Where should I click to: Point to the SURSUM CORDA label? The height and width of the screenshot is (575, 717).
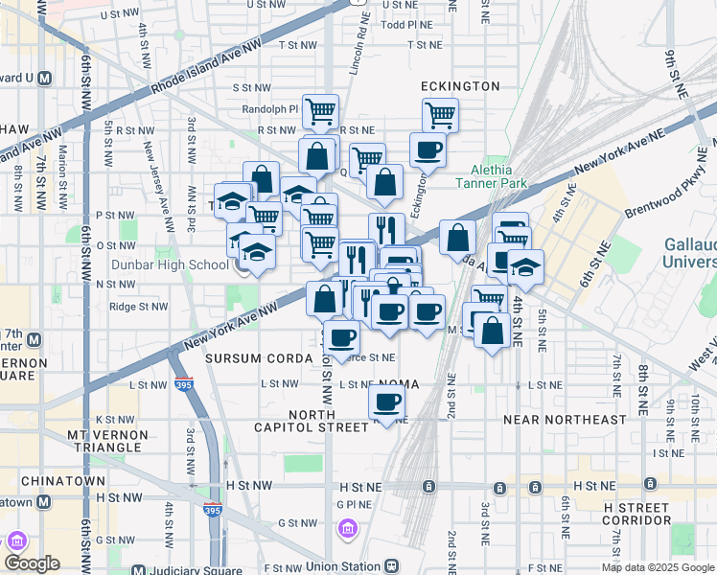259,358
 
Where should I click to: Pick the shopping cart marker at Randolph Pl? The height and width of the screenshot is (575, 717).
320,111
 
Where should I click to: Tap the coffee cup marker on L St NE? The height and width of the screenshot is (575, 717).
386,403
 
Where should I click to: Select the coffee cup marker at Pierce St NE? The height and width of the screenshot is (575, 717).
341,337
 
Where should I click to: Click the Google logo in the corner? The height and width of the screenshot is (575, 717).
31,563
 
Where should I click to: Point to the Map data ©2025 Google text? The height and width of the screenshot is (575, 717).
658,567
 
